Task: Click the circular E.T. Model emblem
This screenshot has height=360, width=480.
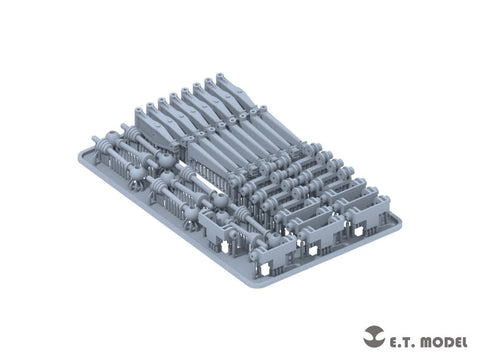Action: pos(374,336)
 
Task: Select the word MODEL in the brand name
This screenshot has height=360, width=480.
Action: pos(442,342)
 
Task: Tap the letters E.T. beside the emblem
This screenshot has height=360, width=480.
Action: pos(400,342)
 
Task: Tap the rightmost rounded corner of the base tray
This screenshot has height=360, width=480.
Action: pos(398,221)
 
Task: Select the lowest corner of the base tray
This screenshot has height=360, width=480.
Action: pos(258,286)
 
